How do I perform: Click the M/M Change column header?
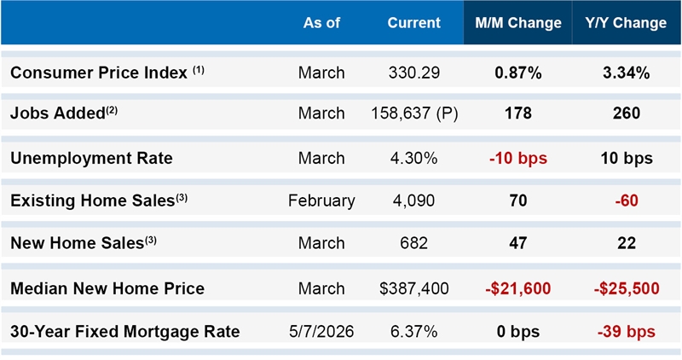(x=518, y=23)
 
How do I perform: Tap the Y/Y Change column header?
(x=626, y=23)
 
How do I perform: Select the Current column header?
(x=414, y=23)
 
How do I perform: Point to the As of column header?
(x=321, y=23)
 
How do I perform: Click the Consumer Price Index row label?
(x=107, y=73)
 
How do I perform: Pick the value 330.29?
(x=414, y=73)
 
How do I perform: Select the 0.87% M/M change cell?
(x=518, y=73)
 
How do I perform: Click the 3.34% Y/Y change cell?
(x=627, y=73)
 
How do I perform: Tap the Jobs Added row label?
(x=64, y=113)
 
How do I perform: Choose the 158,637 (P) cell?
(x=414, y=113)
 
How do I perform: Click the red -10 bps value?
(x=518, y=158)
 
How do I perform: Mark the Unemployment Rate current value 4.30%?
(x=414, y=158)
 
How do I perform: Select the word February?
(x=321, y=200)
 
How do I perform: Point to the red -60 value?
(x=627, y=200)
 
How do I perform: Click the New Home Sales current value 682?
(x=414, y=243)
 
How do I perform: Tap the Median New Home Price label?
(x=107, y=288)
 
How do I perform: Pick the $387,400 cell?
(x=414, y=288)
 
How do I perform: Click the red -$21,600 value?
(x=518, y=288)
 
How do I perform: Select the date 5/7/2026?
(x=321, y=331)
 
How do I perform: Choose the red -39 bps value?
(x=627, y=332)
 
